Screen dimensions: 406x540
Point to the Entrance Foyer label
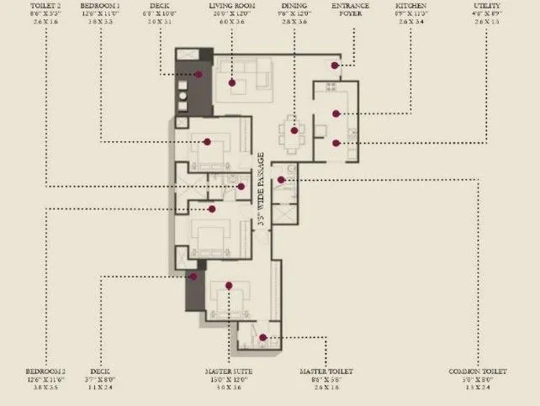tap(350, 10)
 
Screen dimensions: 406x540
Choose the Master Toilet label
tap(327, 371)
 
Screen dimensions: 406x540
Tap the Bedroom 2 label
tap(45, 371)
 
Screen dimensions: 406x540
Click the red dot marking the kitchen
tap(336, 113)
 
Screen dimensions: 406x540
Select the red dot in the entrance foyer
tap(334, 65)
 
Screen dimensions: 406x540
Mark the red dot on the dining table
tap(294, 129)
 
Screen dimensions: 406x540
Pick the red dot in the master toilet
tap(262, 338)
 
